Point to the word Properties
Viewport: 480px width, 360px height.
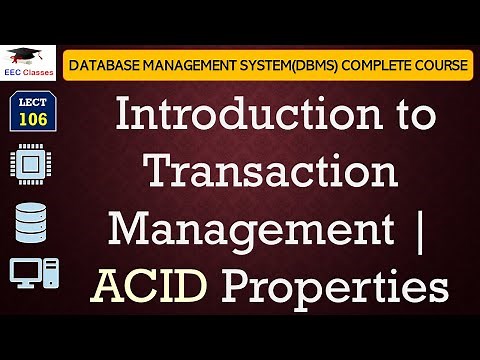click(331, 289)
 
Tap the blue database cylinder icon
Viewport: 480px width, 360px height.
click(31, 222)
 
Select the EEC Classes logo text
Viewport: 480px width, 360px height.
click(26, 73)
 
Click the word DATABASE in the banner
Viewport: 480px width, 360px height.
click(102, 65)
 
